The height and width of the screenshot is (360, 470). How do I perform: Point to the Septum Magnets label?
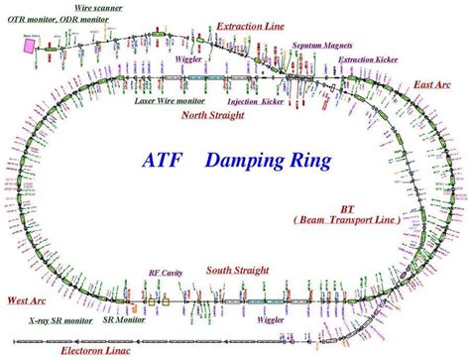tap(321, 47)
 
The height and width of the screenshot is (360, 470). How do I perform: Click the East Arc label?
tap(433, 85)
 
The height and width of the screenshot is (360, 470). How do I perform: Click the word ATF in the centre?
tap(168, 160)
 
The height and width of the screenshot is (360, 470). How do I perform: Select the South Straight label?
tap(239, 270)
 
